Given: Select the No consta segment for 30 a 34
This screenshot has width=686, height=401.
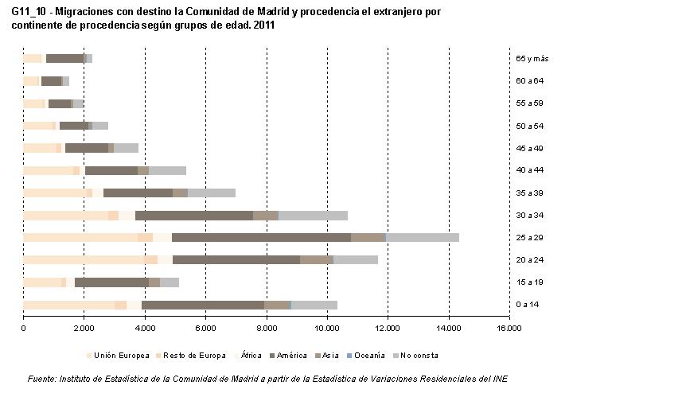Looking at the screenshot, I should [x=313, y=215].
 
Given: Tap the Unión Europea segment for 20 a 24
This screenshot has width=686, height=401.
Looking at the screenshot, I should [x=90, y=259].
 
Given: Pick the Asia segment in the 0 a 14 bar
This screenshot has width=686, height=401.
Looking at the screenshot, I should [x=276, y=305].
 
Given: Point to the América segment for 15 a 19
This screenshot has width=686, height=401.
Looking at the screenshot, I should [x=111, y=282].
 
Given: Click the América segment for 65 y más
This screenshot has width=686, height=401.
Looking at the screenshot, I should [x=64, y=58].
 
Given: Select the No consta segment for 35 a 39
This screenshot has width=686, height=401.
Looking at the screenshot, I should [x=211, y=193].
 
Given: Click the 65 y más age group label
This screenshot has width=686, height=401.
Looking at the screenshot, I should [x=532, y=58].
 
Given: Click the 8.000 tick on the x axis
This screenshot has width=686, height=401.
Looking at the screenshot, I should [x=267, y=327].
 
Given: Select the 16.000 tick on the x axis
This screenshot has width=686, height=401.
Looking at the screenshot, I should [x=509, y=327].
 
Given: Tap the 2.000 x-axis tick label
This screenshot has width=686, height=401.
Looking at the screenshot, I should [x=84, y=327].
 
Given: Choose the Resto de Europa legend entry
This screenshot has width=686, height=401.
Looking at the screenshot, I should [x=194, y=356].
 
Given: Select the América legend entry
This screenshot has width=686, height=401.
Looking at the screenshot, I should [x=290, y=356].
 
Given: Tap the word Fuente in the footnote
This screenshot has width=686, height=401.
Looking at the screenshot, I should [x=41, y=378].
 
